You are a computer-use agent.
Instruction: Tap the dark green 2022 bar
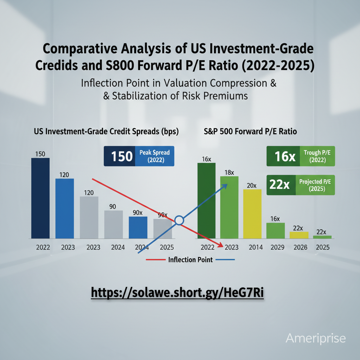206,200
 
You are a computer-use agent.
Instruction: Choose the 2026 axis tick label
299,247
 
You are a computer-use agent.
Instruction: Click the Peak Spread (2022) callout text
154,156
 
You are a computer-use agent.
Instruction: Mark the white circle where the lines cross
179,220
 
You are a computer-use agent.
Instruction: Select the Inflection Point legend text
190,260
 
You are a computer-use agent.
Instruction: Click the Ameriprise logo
316,339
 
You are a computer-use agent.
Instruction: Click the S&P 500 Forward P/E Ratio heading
250,132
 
